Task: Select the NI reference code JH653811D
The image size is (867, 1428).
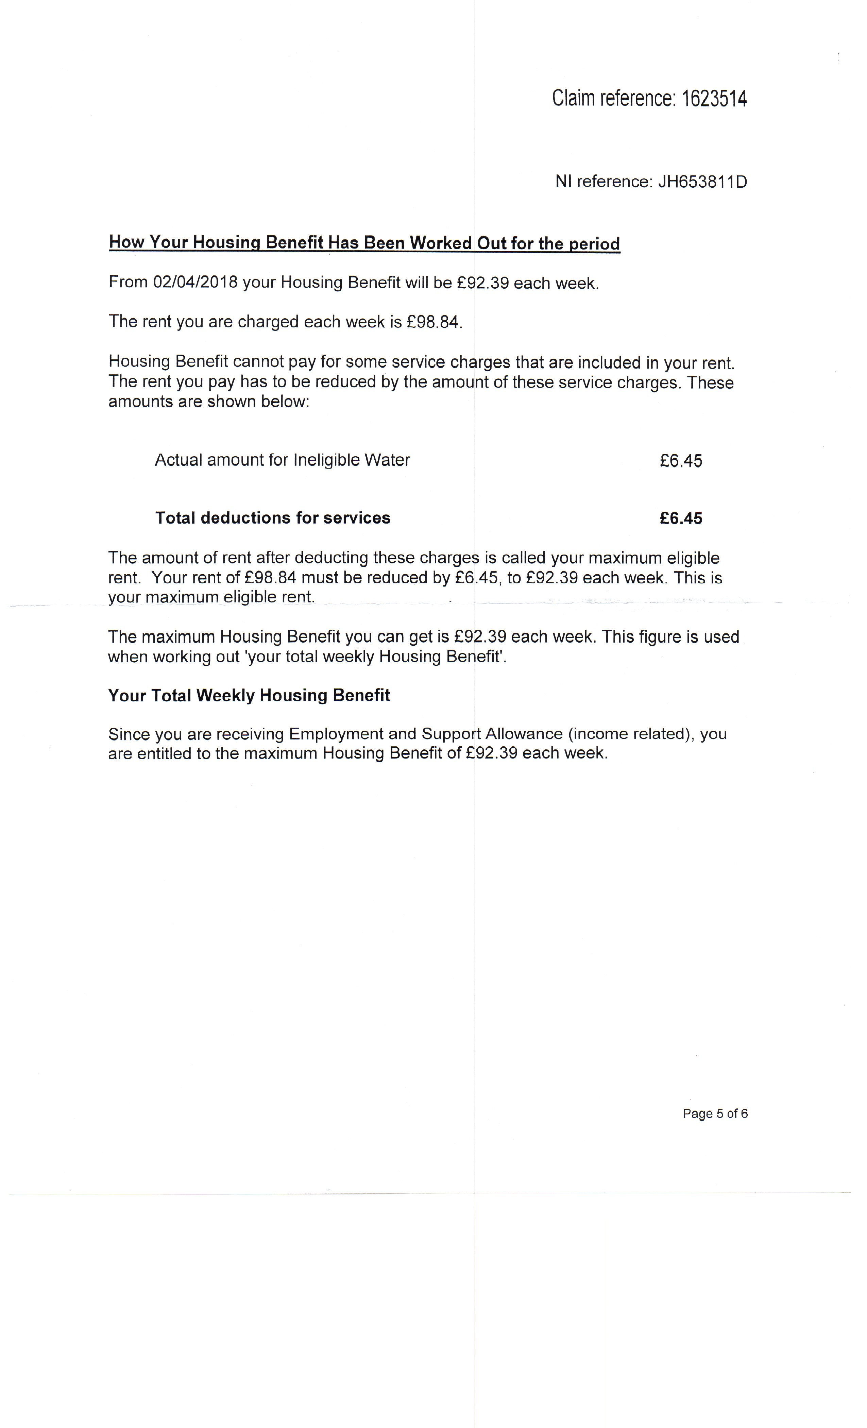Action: pyautogui.click(x=702, y=182)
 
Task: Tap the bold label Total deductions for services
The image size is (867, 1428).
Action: pyautogui.click(x=272, y=518)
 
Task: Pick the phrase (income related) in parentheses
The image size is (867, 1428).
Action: pyautogui.click(x=631, y=734)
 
